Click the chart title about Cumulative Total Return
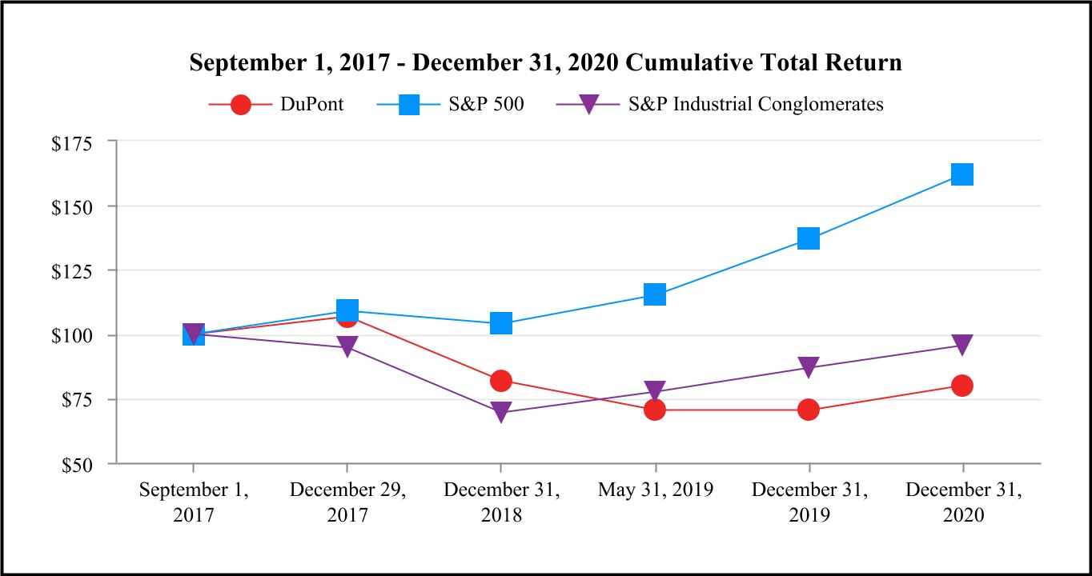tap(545, 63)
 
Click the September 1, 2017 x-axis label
tap(193, 502)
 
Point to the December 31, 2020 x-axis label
tap(963, 502)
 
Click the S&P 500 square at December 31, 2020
tap(962, 174)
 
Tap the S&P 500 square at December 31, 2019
tap(809, 238)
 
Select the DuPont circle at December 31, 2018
tap(501, 380)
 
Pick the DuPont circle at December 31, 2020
tap(962, 386)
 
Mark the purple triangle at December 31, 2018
tap(501, 412)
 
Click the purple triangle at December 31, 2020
tap(962, 345)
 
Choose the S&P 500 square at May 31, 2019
tap(655, 295)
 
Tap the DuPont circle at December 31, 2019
tap(809, 410)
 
